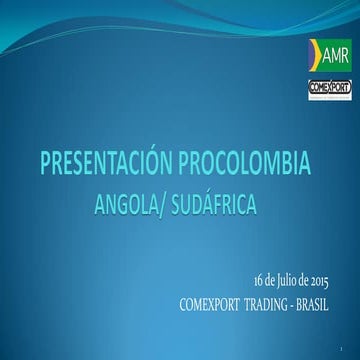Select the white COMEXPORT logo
coord(329,87)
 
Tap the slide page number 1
coord(341,347)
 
